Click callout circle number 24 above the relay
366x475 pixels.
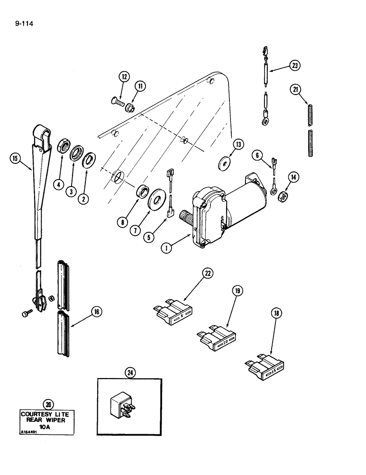coord(129,373)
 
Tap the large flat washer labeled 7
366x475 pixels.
coord(155,198)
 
